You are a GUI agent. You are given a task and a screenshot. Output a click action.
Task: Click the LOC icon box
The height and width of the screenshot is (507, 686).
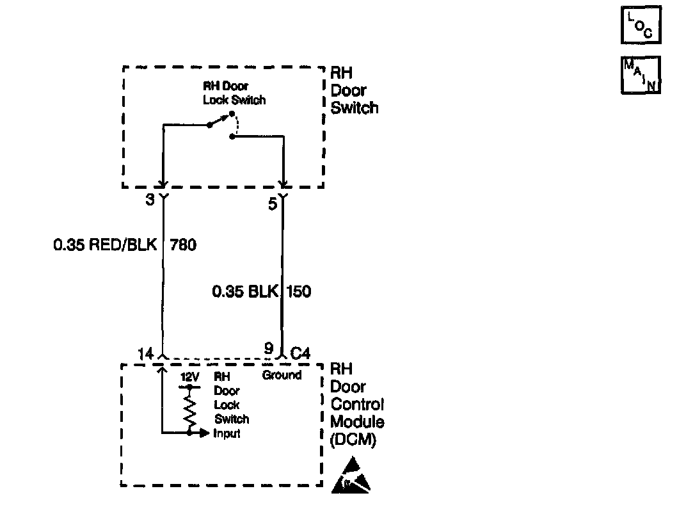click(x=641, y=26)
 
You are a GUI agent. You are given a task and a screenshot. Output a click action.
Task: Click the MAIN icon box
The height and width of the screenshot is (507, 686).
click(x=641, y=76)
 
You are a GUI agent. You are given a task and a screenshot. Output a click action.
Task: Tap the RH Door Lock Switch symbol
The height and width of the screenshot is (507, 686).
click(x=221, y=124)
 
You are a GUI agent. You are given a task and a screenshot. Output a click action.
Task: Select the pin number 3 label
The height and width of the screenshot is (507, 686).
click(x=150, y=200)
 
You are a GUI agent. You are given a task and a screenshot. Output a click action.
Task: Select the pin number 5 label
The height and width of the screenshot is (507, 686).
click(x=272, y=205)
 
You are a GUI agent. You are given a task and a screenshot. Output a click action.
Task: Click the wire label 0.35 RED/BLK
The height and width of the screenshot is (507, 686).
click(x=105, y=245)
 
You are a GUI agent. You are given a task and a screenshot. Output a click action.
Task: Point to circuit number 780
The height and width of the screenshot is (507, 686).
click(x=183, y=245)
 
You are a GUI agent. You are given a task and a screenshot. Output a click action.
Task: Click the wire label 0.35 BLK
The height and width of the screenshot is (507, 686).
click(x=246, y=292)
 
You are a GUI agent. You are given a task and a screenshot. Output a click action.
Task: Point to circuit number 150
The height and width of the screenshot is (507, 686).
click(x=299, y=292)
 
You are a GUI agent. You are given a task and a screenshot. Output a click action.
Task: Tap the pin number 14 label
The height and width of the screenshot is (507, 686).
click(x=145, y=352)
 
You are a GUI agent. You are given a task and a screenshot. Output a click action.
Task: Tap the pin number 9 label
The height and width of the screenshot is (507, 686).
click(x=269, y=350)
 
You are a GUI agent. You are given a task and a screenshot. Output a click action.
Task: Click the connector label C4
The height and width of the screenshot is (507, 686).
click(x=301, y=353)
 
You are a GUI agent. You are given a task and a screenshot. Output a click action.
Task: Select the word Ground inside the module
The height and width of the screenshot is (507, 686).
click(x=282, y=375)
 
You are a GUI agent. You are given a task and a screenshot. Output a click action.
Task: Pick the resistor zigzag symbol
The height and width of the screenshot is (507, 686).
click(x=189, y=410)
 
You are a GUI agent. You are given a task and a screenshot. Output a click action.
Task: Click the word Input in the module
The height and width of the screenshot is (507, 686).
click(x=227, y=433)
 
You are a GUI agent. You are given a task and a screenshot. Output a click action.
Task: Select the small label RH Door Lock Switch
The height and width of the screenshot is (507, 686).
click(x=234, y=93)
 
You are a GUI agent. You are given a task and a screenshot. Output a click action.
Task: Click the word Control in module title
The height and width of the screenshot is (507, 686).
click(x=357, y=405)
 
